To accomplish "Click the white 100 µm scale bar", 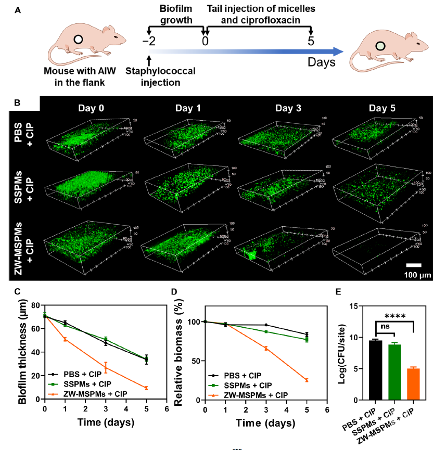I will coord(414,265).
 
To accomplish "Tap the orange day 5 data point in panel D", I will coord(307,380).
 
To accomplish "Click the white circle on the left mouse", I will coord(78,39).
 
